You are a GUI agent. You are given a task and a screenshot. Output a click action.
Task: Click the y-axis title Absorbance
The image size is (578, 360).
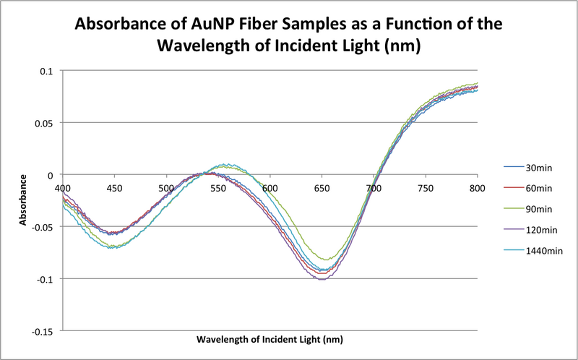tap(24, 200)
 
